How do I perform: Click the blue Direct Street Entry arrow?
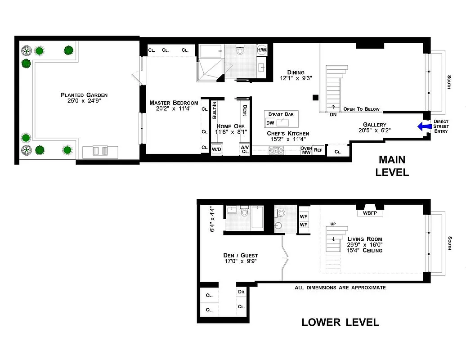423,127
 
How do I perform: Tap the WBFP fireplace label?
370,213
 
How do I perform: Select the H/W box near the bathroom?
262,50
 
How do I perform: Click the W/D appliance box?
216,149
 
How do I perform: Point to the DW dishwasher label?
270,123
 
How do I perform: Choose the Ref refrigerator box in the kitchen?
318,150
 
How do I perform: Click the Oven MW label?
306,150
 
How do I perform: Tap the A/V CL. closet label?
245,149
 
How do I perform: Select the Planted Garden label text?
84,95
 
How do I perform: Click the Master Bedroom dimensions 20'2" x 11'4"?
174,108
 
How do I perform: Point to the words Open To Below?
361,109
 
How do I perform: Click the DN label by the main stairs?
333,114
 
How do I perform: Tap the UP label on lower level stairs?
333,224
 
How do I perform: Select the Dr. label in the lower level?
241,292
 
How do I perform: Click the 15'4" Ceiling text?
364,250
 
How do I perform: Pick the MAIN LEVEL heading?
392,166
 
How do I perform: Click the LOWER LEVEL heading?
340,322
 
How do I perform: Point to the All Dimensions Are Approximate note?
340,288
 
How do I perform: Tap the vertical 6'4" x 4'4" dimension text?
213,219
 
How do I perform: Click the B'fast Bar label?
281,114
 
